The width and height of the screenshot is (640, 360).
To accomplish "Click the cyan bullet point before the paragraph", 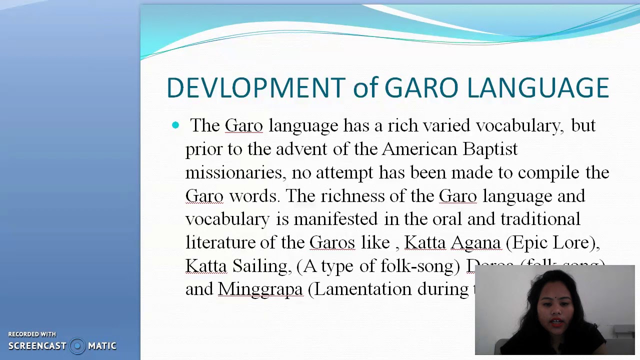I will [175, 125].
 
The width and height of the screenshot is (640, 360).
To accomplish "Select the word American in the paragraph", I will [419, 149].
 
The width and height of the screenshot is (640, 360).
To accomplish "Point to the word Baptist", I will [490, 149].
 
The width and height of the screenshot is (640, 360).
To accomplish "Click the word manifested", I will [335, 219].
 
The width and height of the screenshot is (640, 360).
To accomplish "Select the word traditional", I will [540, 219].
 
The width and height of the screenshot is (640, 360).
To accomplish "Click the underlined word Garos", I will [332, 242].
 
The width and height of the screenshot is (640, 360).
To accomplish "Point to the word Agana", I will [475, 242].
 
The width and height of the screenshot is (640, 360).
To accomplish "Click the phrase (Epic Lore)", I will [552, 242].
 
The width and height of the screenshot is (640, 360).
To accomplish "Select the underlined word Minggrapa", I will [260, 289].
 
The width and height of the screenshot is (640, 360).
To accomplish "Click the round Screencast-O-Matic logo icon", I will [77, 346].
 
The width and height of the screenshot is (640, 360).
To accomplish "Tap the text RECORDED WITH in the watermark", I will [32, 334].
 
